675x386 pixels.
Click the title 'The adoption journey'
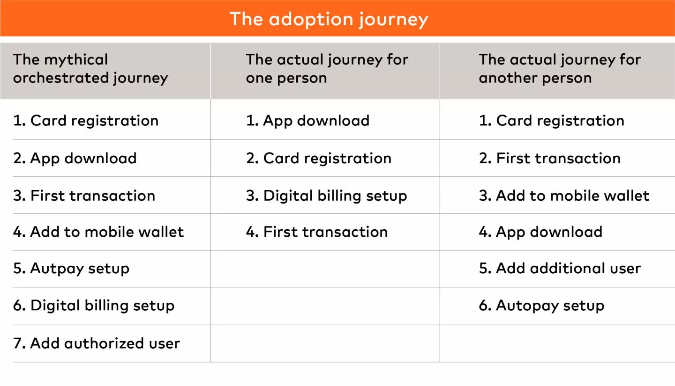click(x=329, y=19)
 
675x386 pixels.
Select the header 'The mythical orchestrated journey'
click(x=90, y=69)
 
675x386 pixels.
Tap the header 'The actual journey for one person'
click(x=327, y=69)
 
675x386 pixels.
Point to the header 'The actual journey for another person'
click(x=560, y=69)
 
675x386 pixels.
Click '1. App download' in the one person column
click(x=307, y=121)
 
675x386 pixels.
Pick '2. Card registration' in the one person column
click(x=319, y=159)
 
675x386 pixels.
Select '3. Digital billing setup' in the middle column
click(x=326, y=196)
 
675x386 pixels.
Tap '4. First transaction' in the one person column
click(x=317, y=232)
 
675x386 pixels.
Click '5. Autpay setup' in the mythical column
click(x=71, y=269)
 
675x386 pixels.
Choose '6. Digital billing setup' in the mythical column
click(x=94, y=306)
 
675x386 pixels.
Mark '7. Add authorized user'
click(x=97, y=343)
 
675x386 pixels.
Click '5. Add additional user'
click(x=560, y=269)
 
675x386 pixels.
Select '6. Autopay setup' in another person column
click(x=541, y=306)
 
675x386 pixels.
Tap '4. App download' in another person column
click(x=540, y=232)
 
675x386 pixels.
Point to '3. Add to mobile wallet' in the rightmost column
click(x=564, y=196)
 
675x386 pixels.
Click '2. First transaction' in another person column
click(x=550, y=158)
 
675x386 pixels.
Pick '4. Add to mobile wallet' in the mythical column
click(x=98, y=232)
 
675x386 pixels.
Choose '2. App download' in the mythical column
click(x=75, y=159)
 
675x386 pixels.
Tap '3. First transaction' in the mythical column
click(x=84, y=196)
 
